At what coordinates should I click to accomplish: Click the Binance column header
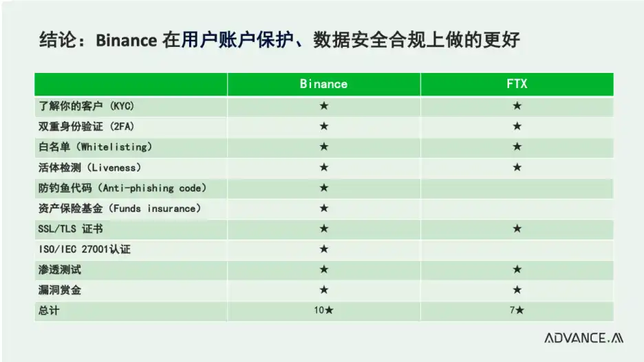point(323,84)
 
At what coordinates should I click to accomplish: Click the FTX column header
point(517,84)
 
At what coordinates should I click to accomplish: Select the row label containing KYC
point(86,106)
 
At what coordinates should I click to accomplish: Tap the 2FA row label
point(86,127)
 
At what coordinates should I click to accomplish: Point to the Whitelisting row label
point(95,147)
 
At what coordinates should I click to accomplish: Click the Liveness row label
point(89,168)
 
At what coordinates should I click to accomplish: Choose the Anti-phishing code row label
point(122,188)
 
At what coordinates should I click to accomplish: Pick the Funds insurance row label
point(120,209)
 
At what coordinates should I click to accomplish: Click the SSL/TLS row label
point(70,229)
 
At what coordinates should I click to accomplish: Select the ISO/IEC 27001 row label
point(84,249)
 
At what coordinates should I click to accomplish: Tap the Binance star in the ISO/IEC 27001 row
point(324,249)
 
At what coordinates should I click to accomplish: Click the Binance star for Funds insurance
point(324,209)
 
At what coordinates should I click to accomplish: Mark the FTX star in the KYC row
point(517,106)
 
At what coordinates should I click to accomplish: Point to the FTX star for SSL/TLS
point(517,228)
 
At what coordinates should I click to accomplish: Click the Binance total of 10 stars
point(323,310)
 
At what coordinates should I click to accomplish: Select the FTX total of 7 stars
point(517,310)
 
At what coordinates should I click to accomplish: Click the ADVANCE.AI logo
point(583,338)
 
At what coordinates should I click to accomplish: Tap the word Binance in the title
point(126,41)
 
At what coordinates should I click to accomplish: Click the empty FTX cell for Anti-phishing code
point(517,188)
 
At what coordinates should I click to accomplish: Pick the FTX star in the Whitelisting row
point(517,147)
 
